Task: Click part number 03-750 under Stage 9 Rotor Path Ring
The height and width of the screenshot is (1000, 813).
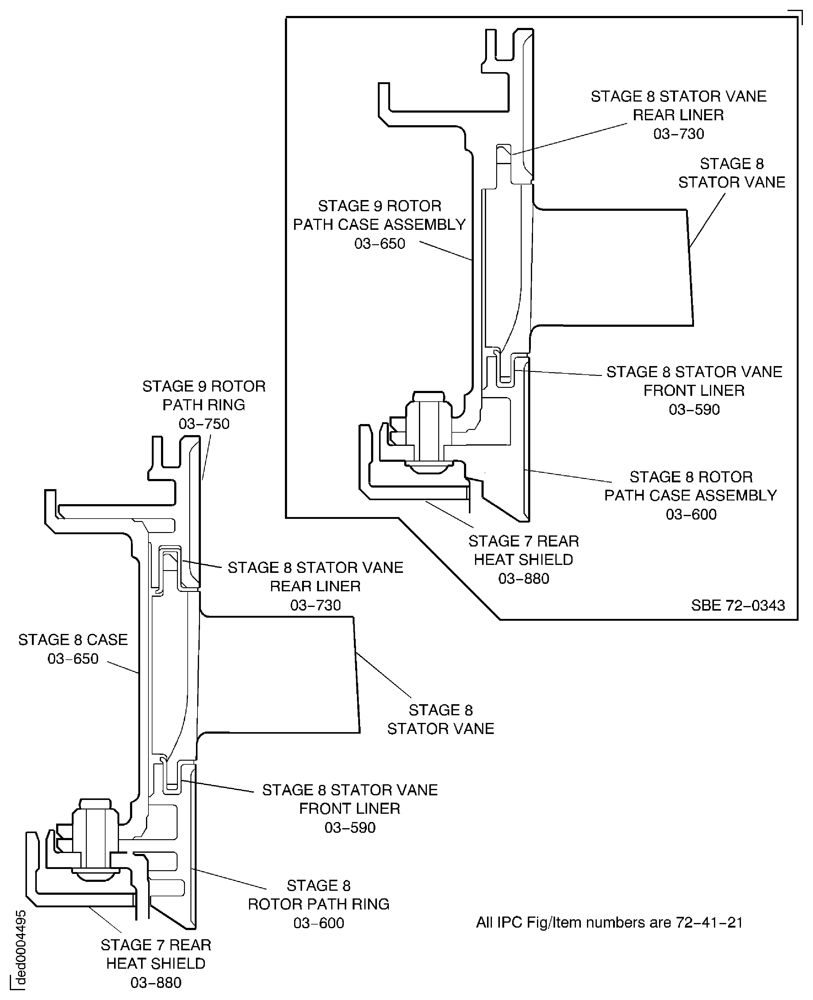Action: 204,424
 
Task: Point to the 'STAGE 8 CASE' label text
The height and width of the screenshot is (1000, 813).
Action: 73,640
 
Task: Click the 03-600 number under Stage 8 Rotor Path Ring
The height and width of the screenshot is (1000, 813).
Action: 318,923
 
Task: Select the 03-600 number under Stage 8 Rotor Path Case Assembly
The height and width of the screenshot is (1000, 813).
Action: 691,514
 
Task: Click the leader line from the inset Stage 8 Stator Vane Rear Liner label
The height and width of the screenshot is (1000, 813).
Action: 569,139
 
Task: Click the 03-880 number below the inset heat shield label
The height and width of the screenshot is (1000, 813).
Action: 523,579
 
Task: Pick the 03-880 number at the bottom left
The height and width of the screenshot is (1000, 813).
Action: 156,982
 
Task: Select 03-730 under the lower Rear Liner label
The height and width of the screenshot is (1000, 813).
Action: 315,605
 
